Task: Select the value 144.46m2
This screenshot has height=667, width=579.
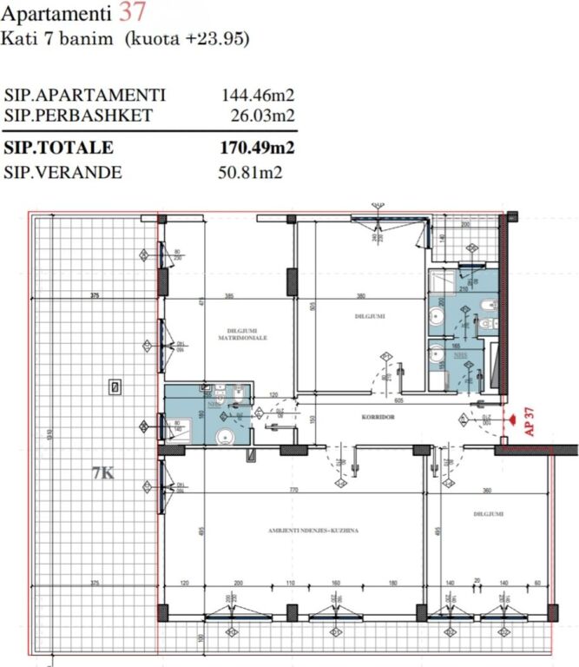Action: [259, 96]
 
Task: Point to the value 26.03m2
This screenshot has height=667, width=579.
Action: [263, 115]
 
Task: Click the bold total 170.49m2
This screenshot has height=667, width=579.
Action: [257, 148]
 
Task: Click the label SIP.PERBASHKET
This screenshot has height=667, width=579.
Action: [79, 115]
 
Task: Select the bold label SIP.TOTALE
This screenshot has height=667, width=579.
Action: [59, 148]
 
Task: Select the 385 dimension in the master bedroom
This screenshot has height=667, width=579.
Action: [230, 296]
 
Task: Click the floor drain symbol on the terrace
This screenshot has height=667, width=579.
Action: [115, 386]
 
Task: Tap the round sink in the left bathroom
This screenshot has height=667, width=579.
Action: [224, 438]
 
